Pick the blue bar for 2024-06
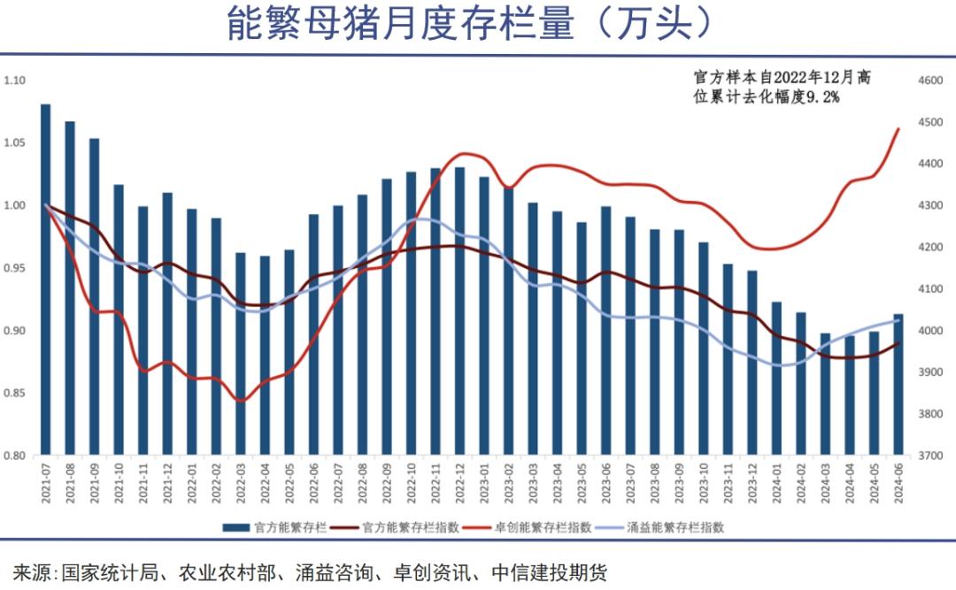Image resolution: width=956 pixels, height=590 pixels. (x=898, y=385)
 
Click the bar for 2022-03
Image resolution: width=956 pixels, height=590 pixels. (x=240, y=354)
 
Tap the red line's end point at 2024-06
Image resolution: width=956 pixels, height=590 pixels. (x=898, y=129)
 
